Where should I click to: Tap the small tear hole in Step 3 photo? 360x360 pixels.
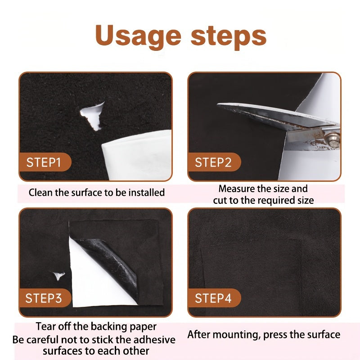tap(58, 275)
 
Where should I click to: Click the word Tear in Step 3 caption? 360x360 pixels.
tap(46, 326)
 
